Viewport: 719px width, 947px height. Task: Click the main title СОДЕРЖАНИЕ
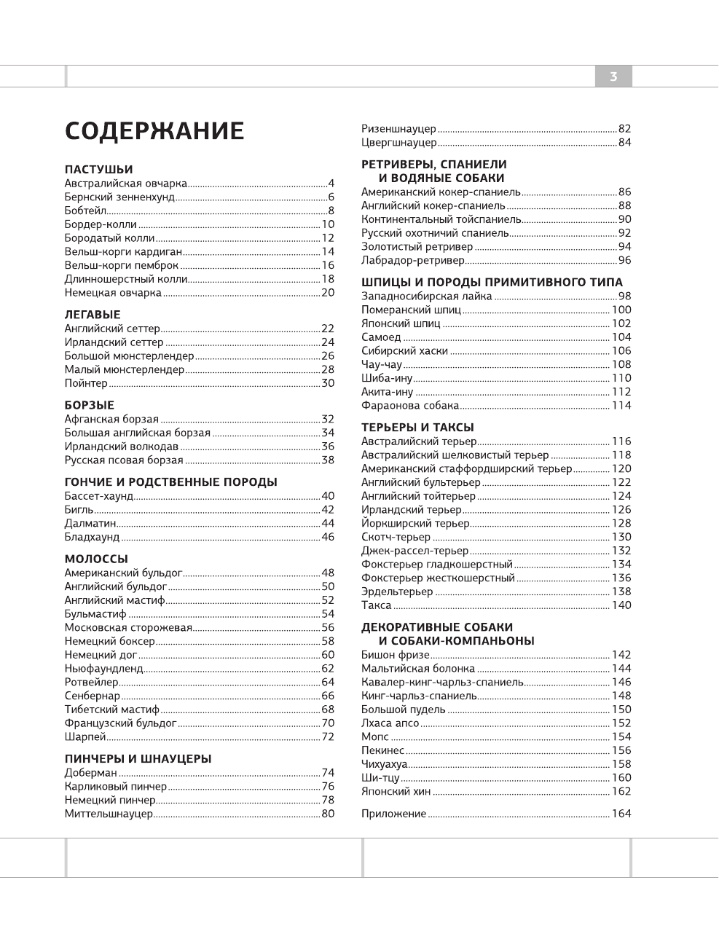pyautogui.click(x=154, y=131)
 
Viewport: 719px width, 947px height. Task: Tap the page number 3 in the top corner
pyautogui.click(x=613, y=76)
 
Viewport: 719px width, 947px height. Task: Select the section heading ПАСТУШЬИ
pyautogui.click(x=99, y=170)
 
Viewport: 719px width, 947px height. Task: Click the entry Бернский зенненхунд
pyautogui.click(x=119, y=197)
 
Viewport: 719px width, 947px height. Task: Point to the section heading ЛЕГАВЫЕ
pyautogui.click(x=93, y=315)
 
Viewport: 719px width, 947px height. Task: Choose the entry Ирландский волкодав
pyautogui.click(x=122, y=447)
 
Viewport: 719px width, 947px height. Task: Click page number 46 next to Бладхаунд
pyautogui.click(x=328, y=537)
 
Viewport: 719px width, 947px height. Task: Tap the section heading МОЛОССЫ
pyautogui.click(x=96, y=559)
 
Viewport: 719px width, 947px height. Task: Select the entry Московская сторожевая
pyautogui.click(x=128, y=627)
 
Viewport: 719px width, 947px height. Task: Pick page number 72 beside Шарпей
pyautogui.click(x=328, y=736)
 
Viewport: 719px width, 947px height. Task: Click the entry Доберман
pyautogui.click(x=91, y=773)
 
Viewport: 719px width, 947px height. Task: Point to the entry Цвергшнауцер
pyautogui.click(x=399, y=143)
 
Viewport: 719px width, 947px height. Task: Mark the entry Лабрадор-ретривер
pyautogui.click(x=413, y=260)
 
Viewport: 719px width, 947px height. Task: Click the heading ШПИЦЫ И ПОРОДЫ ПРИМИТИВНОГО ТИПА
pyautogui.click(x=492, y=282)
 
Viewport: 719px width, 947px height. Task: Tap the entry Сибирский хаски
pyautogui.click(x=405, y=350)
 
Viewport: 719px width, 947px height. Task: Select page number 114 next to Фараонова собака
pyautogui.click(x=621, y=405)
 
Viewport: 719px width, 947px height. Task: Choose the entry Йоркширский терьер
pyautogui.click(x=416, y=523)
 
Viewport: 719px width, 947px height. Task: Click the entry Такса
pyautogui.click(x=377, y=605)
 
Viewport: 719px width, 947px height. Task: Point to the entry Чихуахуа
pyautogui.click(x=385, y=764)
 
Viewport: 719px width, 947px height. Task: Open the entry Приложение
pyautogui.click(x=394, y=814)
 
